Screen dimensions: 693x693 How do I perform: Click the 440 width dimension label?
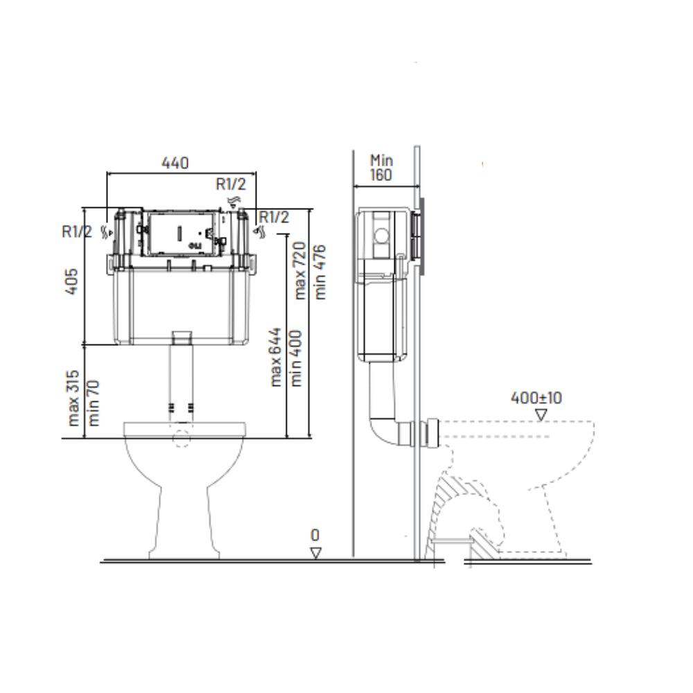tap(175, 164)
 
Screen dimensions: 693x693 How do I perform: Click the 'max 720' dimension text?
tap(300, 270)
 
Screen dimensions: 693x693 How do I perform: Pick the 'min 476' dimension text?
tap(319, 271)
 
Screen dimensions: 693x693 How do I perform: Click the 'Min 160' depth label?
tap(380, 167)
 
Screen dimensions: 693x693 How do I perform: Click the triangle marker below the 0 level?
tap(316, 552)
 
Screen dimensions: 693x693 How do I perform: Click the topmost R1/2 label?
tap(229, 184)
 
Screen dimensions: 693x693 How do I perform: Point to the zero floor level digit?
tap(315, 536)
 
